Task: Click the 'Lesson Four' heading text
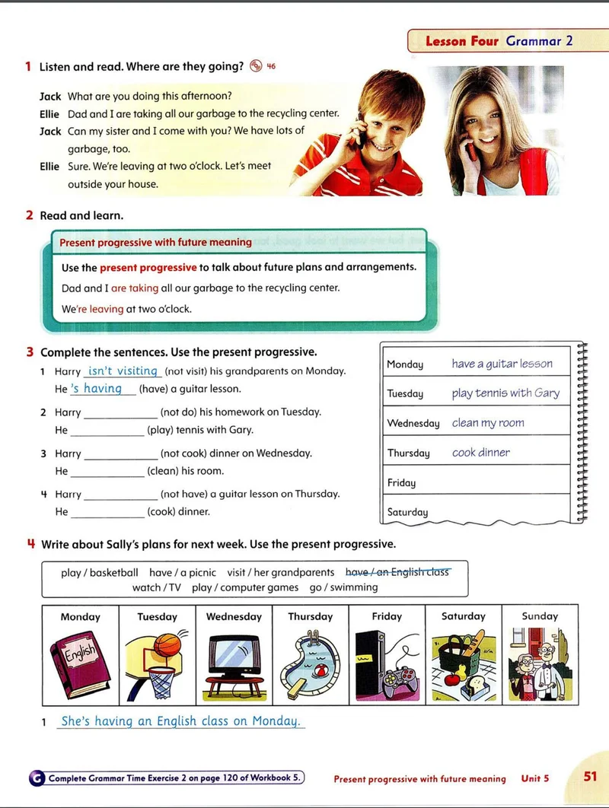point(461,41)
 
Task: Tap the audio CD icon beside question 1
point(256,66)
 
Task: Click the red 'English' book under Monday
point(79,657)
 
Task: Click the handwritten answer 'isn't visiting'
point(122,371)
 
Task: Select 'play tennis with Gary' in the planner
point(505,393)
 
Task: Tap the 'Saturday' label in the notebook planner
point(407,512)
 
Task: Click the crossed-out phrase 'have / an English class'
point(397,572)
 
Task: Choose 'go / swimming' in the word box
point(343,587)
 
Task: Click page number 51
point(590,777)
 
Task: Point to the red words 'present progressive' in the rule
point(148,268)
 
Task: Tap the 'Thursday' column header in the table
point(310,616)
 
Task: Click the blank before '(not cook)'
point(120,453)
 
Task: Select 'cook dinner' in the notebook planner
point(480,453)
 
